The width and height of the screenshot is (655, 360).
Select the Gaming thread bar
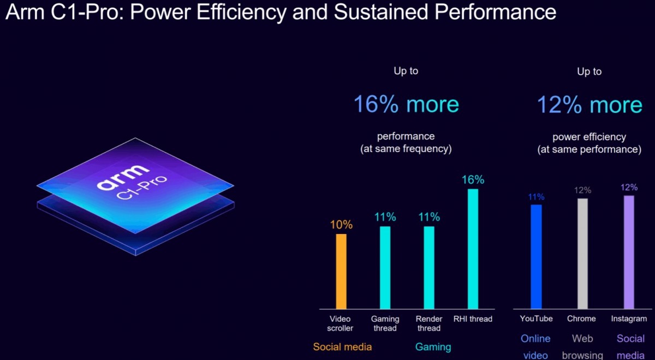pos(385,267)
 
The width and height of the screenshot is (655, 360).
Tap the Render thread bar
pos(429,267)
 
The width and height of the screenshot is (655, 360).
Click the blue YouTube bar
pos(536,256)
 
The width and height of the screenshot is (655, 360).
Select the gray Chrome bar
pos(582,254)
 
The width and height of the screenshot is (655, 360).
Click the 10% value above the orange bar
pos(341,225)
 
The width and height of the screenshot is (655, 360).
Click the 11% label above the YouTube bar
pos(536,197)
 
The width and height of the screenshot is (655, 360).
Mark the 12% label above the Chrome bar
pos(582,190)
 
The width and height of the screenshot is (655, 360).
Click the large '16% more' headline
pos(406,104)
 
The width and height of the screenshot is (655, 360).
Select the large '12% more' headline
pos(589,104)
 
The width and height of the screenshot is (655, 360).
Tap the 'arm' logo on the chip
pos(122,177)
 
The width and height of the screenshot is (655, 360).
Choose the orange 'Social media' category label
pos(342,347)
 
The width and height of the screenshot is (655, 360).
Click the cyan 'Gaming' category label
pos(433,347)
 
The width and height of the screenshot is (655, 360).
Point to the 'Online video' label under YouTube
pos(535,347)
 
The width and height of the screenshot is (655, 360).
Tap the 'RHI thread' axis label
pos(473,319)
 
